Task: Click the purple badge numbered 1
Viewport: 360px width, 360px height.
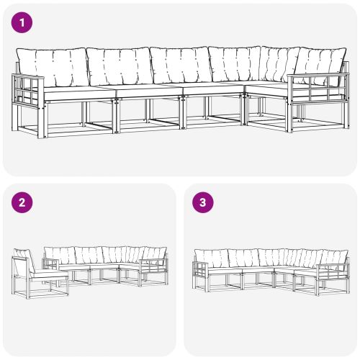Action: tap(24, 23)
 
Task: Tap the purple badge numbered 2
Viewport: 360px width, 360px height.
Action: tap(24, 202)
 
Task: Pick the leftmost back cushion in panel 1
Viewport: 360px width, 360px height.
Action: tap(50, 66)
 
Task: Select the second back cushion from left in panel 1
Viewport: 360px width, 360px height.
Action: tap(118, 66)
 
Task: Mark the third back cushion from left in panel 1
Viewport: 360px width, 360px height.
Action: tap(180, 66)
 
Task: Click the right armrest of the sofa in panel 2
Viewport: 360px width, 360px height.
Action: tap(153, 270)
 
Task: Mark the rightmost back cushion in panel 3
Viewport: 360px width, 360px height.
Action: tap(334, 256)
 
